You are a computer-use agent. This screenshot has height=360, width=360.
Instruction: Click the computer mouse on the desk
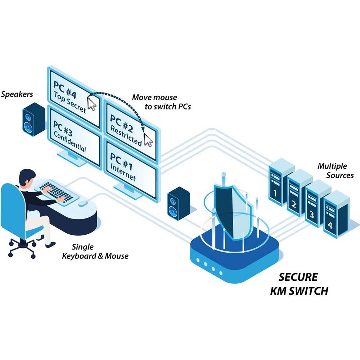82,204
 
